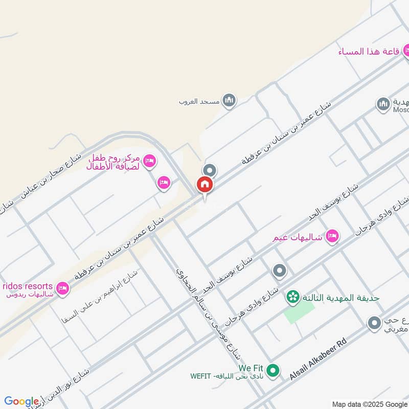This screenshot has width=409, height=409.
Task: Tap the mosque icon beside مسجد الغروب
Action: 229,100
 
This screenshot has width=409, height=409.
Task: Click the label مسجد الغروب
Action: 199,101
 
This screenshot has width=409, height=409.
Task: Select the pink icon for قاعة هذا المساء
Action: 407,51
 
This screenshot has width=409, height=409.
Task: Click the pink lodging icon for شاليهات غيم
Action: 332,236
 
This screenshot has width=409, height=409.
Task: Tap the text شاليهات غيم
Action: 298,238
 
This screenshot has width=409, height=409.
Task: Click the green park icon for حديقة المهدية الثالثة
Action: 292,297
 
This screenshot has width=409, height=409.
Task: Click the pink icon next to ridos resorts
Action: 63,289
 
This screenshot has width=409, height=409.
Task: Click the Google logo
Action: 22,402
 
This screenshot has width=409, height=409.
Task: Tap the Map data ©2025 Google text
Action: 369,404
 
